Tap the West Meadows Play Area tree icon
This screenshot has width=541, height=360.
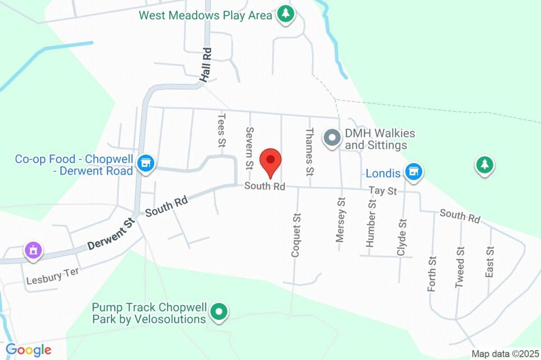285,14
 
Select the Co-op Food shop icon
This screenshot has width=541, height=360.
145,163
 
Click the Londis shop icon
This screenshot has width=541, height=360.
414,172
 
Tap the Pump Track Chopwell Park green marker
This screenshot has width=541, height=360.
219,312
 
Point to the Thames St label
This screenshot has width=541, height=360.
310,152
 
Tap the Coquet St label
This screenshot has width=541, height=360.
296,235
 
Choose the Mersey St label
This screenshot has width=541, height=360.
341,220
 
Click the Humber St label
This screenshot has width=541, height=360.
371,223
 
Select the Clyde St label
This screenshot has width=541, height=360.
402,237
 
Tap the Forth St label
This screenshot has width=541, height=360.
432,273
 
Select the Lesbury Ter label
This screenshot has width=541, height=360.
52,276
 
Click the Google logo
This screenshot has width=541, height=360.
28,349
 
